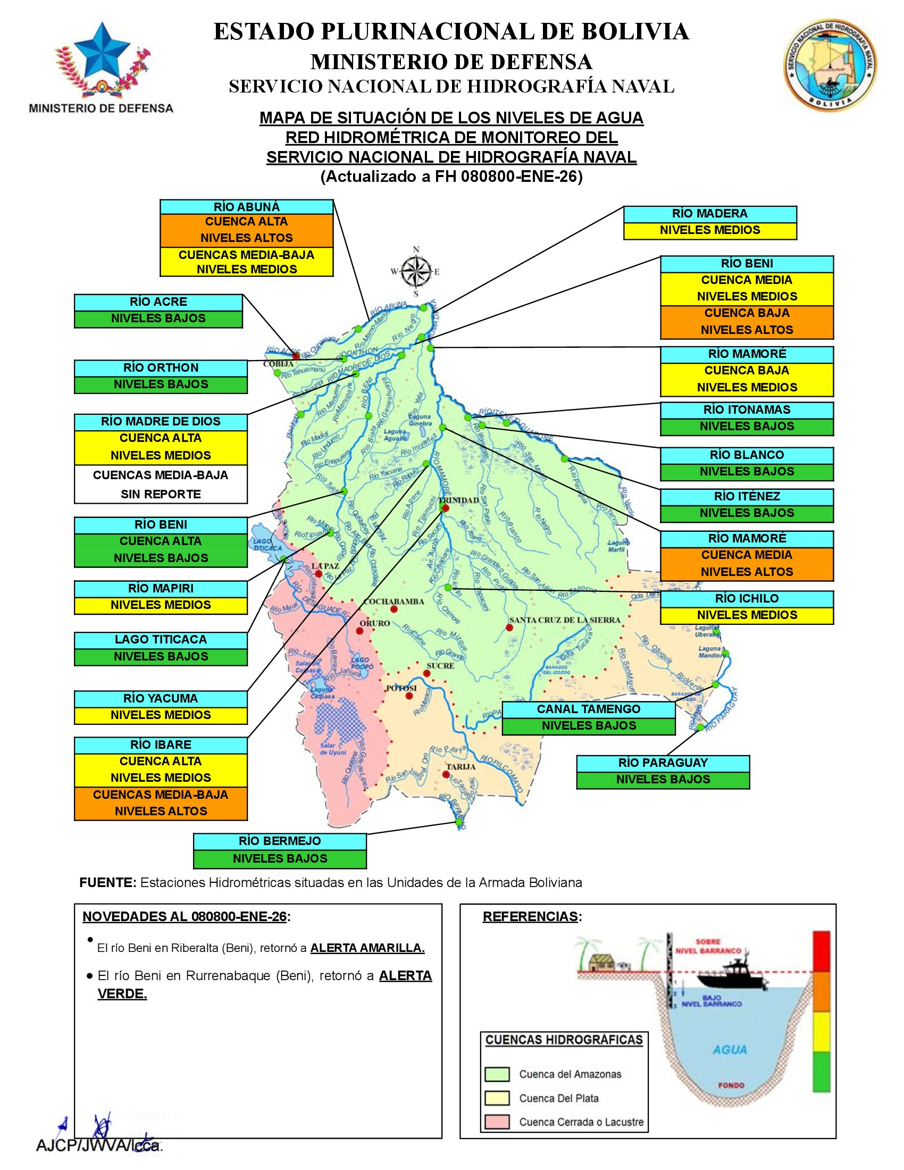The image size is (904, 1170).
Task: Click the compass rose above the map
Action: [x=416, y=272]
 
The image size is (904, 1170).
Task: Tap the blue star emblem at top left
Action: [x=102, y=51]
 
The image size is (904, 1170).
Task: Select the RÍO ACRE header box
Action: [x=158, y=302]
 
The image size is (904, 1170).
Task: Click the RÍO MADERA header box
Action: [x=709, y=214]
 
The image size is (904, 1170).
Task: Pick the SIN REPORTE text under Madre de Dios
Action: [x=161, y=494]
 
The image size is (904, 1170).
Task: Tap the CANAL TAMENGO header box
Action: [x=589, y=709]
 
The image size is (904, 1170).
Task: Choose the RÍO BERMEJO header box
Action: [x=280, y=841]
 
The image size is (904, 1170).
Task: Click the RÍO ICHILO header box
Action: [x=747, y=598]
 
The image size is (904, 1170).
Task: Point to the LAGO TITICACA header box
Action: [x=161, y=640]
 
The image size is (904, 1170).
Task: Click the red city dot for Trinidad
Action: [x=446, y=508]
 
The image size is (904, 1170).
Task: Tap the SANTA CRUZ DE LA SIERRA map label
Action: [x=564, y=620]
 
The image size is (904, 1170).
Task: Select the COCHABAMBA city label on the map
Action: [x=394, y=601]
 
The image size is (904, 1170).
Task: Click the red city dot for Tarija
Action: [x=446, y=774]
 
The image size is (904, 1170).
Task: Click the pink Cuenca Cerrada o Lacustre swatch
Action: [x=497, y=1122]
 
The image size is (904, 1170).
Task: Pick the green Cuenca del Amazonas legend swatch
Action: [x=497, y=1074]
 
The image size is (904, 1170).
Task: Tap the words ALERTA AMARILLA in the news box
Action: [x=367, y=948]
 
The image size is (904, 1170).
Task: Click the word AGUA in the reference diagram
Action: [x=730, y=1049]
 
